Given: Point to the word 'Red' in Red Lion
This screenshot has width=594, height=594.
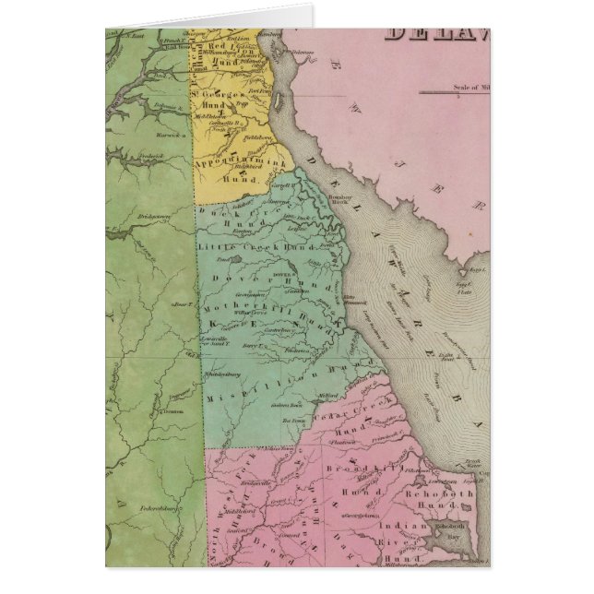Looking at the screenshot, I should (x=220, y=44).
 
